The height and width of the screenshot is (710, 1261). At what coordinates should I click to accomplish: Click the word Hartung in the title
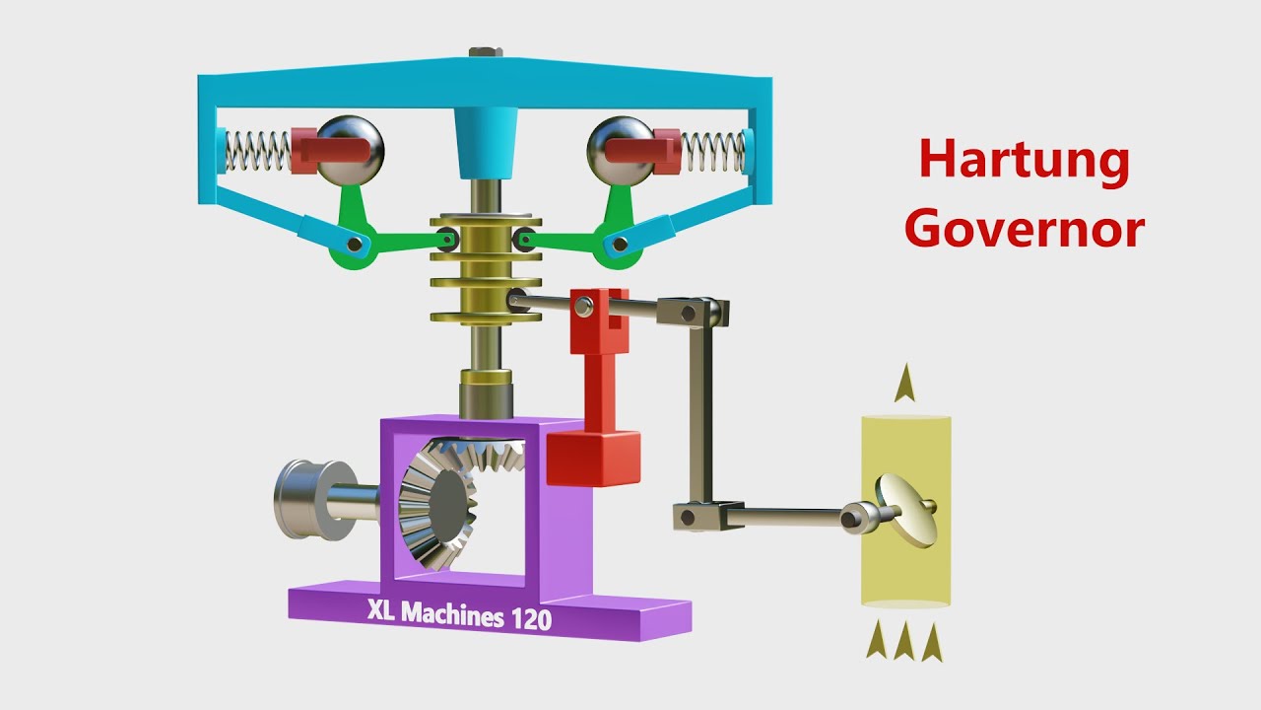pyautogui.click(x=1025, y=161)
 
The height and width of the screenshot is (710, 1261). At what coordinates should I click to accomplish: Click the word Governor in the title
pyautogui.click(x=1025, y=229)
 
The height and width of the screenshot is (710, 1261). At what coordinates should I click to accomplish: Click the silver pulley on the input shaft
pyautogui.click(x=305, y=499)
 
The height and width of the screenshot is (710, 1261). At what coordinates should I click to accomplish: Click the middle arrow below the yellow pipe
pyautogui.click(x=904, y=643)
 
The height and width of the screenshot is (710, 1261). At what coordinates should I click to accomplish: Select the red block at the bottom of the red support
pyautogui.click(x=592, y=459)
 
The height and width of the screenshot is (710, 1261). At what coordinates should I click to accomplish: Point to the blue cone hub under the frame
pyautogui.click(x=485, y=144)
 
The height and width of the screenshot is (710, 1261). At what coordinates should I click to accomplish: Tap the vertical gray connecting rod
pyautogui.click(x=701, y=414)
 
